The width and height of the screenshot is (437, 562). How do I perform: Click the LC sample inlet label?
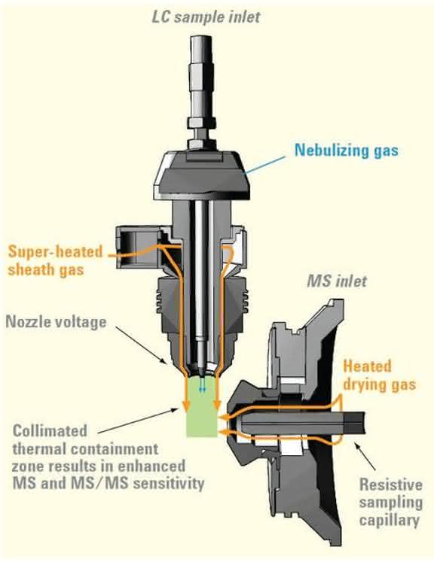206,17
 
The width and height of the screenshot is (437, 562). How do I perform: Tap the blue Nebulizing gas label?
347,150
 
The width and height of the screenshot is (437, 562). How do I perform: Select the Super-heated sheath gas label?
56,260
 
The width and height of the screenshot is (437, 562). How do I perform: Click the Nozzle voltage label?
56,322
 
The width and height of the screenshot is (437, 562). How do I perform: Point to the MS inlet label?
337,281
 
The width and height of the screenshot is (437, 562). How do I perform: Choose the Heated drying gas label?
380,375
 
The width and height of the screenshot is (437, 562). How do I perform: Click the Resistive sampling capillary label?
391,502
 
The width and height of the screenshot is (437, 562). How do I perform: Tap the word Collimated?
50,431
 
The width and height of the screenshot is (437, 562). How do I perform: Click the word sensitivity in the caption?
169,483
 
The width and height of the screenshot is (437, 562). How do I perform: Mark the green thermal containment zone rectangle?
202,406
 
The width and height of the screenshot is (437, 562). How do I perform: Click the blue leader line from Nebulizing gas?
265,166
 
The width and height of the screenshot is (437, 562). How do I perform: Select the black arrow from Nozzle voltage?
141,345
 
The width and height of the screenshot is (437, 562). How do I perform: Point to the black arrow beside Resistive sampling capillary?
365,456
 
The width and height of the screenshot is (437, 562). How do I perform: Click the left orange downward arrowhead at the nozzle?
186,405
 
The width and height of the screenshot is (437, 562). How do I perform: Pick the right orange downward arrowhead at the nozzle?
216,405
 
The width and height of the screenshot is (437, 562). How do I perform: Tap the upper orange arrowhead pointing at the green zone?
225,416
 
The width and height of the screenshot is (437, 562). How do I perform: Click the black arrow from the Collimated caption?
138,421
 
